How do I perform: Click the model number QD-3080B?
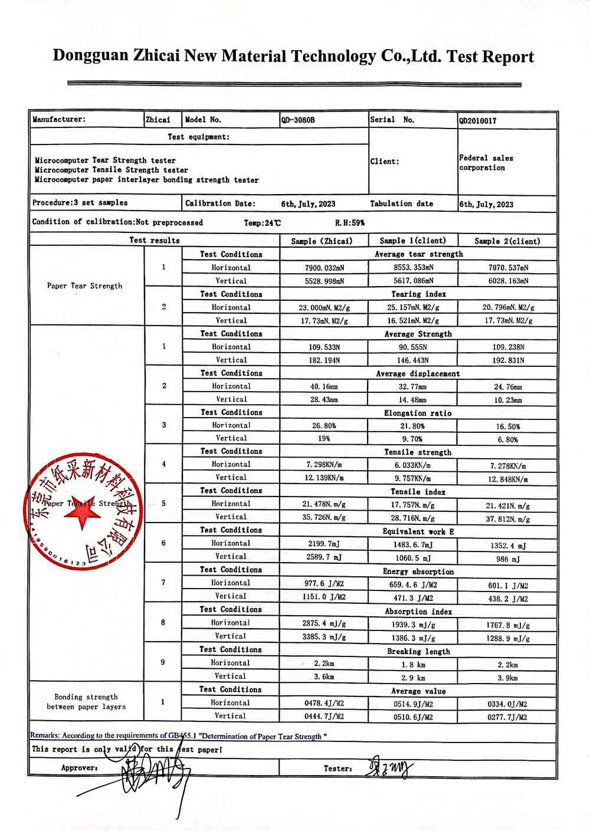pyautogui.click(x=298, y=120)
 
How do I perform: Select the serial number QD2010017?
pyautogui.click(x=478, y=121)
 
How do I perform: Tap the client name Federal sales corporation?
pyautogui.click(x=486, y=163)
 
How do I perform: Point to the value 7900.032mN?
pyautogui.click(x=324, y=268)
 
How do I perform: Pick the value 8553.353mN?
pyautogui.click(x=413, y=268)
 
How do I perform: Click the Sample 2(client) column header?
pyautogui.click(x=507, y=241)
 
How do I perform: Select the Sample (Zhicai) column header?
pyautogui.click(x=322, y=241)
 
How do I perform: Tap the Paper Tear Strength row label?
pyautogui.click(x=84, y=286)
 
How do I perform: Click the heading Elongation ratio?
pyautogui.click(x=418, y=413)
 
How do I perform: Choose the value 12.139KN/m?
pyautogui.click(x=324, y=478)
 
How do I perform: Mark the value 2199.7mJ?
pyautogui.click(x=324, y=543)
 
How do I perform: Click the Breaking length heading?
pyautogui.click(x=418, y=652)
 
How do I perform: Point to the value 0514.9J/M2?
pyautogui.click(x=413, y=704)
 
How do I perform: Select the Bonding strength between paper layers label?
pyautogui.click(x=86, y=702)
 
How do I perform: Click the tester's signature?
pyautogui.click(x=389, y=768)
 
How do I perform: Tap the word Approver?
pyautogui.click(x=79, y=768)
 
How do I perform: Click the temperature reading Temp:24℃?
pyautogui.click(x=263, y=223)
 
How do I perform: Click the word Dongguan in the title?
pyautogui.click(x=90, y=56)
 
